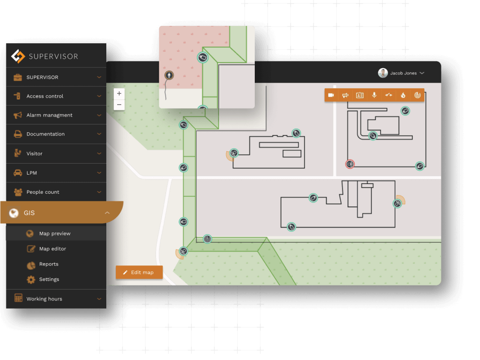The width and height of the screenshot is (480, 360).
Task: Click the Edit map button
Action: pyautogui.click(x=139, y=272)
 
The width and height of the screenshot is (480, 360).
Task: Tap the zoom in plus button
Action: pyautogui.click(x=119, y=94)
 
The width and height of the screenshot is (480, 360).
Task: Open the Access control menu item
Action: pyautogui.click(x=45, y=96)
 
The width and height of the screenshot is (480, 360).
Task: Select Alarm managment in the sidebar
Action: pyautogui.click(x=49, y=115)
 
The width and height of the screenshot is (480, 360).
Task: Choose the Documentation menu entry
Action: pyautogui.click(x=45, y=134)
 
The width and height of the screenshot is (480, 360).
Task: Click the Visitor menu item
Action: pyautogui.click(x=35, y=154)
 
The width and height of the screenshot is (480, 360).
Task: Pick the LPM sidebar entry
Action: pyautogui.click(x=32, y=173)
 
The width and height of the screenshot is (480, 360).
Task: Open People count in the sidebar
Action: pyautogui.click(x=43, y=192)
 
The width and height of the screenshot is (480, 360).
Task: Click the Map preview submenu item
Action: pyautogui.click(x=55, y=234)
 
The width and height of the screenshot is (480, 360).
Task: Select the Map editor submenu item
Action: pyautogui.click(x=53, y=249)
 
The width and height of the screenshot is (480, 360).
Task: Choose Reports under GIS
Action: pyautogui.click(x=49, y=264)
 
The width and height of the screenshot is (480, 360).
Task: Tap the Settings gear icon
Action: pyautogui.click(x=31, y=280)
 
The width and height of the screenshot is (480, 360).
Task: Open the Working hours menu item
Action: pyautogui.click(x=44, y=299)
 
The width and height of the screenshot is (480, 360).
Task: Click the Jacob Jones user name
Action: pyautogui.click(x=403, y=73)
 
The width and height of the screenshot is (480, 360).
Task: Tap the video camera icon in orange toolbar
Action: pyautogui.click(x=332, y=95)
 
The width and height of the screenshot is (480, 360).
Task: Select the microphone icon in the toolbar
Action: pyautogui.click(x=375, y=95)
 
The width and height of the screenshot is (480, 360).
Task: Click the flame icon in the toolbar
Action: pyautogui.click(x=402, y=95)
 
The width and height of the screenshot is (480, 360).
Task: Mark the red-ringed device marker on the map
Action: pyautogui.click(x=350, y=164)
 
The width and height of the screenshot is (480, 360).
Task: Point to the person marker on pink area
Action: pyautogui.click(x=169, y=75)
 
